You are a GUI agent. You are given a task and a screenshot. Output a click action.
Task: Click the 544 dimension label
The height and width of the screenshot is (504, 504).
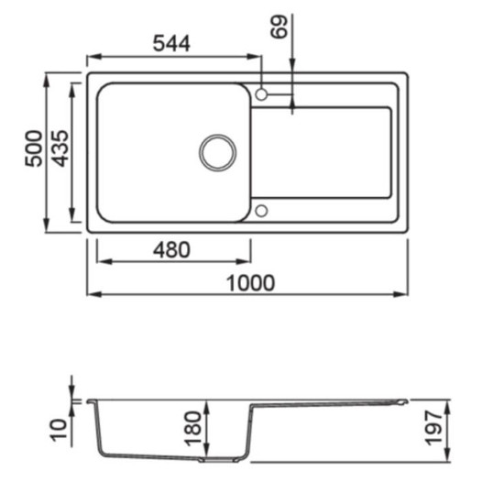(171, 43)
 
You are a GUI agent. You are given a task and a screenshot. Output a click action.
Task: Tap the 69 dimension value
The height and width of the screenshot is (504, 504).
(279, 27)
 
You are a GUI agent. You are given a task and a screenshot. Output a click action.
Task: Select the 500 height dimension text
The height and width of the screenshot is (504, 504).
(33, 148)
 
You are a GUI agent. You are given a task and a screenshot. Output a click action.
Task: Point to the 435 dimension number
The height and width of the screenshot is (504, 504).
(60, 148)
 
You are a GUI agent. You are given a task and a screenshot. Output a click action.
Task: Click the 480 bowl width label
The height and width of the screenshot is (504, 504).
(171, 250)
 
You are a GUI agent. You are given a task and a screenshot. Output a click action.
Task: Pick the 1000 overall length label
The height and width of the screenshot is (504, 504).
(250, 283)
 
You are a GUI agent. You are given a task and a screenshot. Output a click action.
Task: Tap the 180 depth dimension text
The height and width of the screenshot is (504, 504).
(192, 429)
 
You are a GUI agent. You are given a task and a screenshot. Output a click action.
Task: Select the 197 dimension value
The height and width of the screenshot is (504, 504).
(433, 428)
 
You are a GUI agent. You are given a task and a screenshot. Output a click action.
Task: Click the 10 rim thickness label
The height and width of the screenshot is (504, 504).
(59, 430)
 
